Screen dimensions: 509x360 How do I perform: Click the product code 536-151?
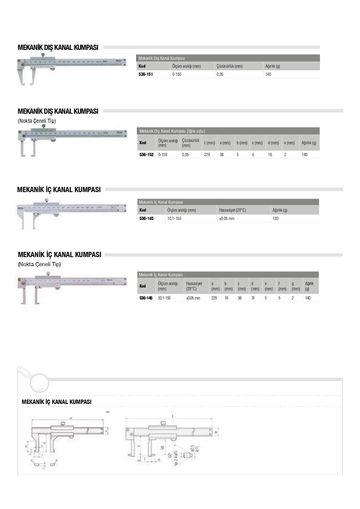pyautogui.click(x=146, y=74)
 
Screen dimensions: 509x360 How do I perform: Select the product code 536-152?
pyautogui.click(x=146, y=155)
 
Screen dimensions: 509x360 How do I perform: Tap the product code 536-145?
pyautogui.click(x=146, y=219)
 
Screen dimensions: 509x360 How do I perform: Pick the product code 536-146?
pyautogui.click(x=146, y=298)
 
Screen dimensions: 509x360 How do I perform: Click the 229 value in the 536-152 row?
pyautogui.click(x=207, y=155)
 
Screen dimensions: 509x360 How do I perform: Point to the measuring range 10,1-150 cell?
pyautogui.click(x=174, y=219)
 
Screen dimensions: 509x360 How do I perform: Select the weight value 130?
pyautogui.click(x=276, y=219)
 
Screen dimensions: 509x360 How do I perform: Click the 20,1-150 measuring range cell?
pyautogui.click(x=164, y=298)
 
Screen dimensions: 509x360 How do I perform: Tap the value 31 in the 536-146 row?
pyautogui.click(x=253, y=298)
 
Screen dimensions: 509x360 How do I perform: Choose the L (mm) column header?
pyautogui.click(x=209, y=143)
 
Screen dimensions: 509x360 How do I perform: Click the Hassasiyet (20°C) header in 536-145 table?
pyautogui.click(x=233, y=210)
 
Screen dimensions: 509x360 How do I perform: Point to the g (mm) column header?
pyautogui.click(x=296, y=286)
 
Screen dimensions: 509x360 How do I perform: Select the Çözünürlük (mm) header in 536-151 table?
pyautogui.click(x=229, y=66)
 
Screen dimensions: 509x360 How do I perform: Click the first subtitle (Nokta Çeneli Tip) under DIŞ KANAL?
pyautogui.click(x=37, y=121)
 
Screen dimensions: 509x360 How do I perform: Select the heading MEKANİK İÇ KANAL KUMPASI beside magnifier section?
pyautogui.click(x=57, y=402)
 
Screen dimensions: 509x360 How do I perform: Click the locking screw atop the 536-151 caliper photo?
pyautogui.click(x=43, y=54)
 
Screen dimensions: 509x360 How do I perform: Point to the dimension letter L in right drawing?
pyautogui.click(x=173, y=416)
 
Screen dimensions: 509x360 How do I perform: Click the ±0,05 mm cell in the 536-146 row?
pyautogui.click(x=193, y=298)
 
